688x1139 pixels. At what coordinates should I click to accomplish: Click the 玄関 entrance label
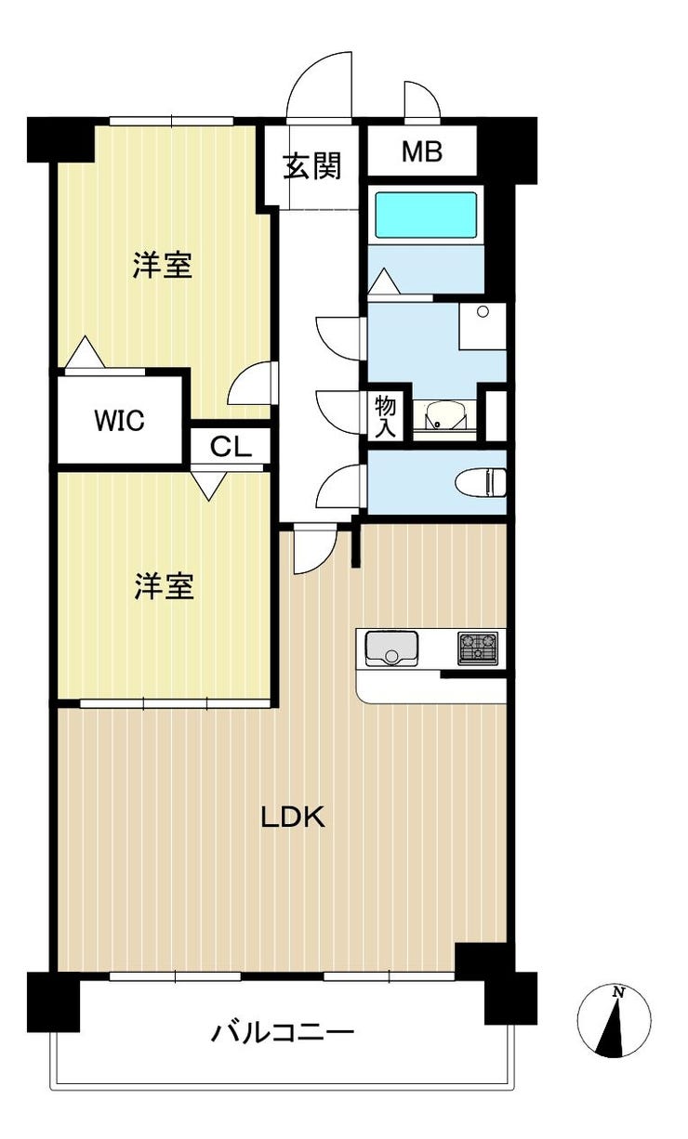click(x=312, y=166)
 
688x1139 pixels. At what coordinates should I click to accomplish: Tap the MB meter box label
click(x=422, y=151)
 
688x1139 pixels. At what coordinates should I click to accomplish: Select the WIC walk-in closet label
click(x=120, y=421)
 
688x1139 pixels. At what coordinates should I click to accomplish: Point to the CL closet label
click(x=231, y=447)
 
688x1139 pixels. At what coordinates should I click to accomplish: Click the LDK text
click(x=293, y=818)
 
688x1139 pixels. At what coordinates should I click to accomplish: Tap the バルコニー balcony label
click(x=283, y=1032)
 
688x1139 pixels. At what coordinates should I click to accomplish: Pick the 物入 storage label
click(x=386, y=416)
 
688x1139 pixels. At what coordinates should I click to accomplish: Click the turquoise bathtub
click(x=426, y=215)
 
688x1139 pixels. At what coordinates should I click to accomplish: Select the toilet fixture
click(x=481, y=482)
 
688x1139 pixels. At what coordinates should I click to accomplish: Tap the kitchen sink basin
click(x=391, y=648)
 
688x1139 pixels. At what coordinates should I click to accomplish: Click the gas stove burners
click(x=477, y=648)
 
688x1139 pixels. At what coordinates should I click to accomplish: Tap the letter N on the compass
click(x=618, y=991)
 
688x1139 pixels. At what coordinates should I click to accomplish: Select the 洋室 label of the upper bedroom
click(x=163, y=265)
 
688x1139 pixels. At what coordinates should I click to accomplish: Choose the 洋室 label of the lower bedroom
click(x=164, y=586)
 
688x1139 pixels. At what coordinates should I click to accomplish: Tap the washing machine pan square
click(x=483, y=326)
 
